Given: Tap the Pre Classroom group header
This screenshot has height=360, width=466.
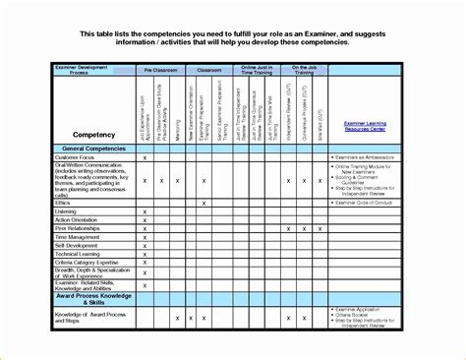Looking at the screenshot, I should coord(161,72).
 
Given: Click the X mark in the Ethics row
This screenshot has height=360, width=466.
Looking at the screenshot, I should coord(204,203).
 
